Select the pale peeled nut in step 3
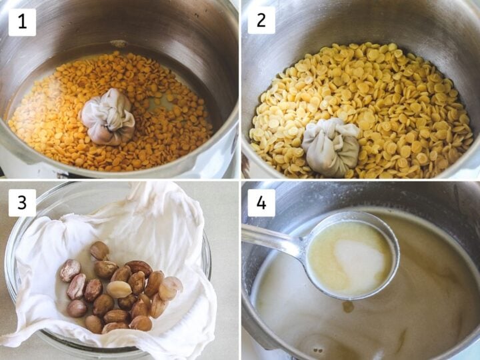click(x=119, y=289)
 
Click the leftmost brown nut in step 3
click(x=70, y=270)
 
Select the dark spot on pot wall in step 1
click(x=119, y=44)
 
